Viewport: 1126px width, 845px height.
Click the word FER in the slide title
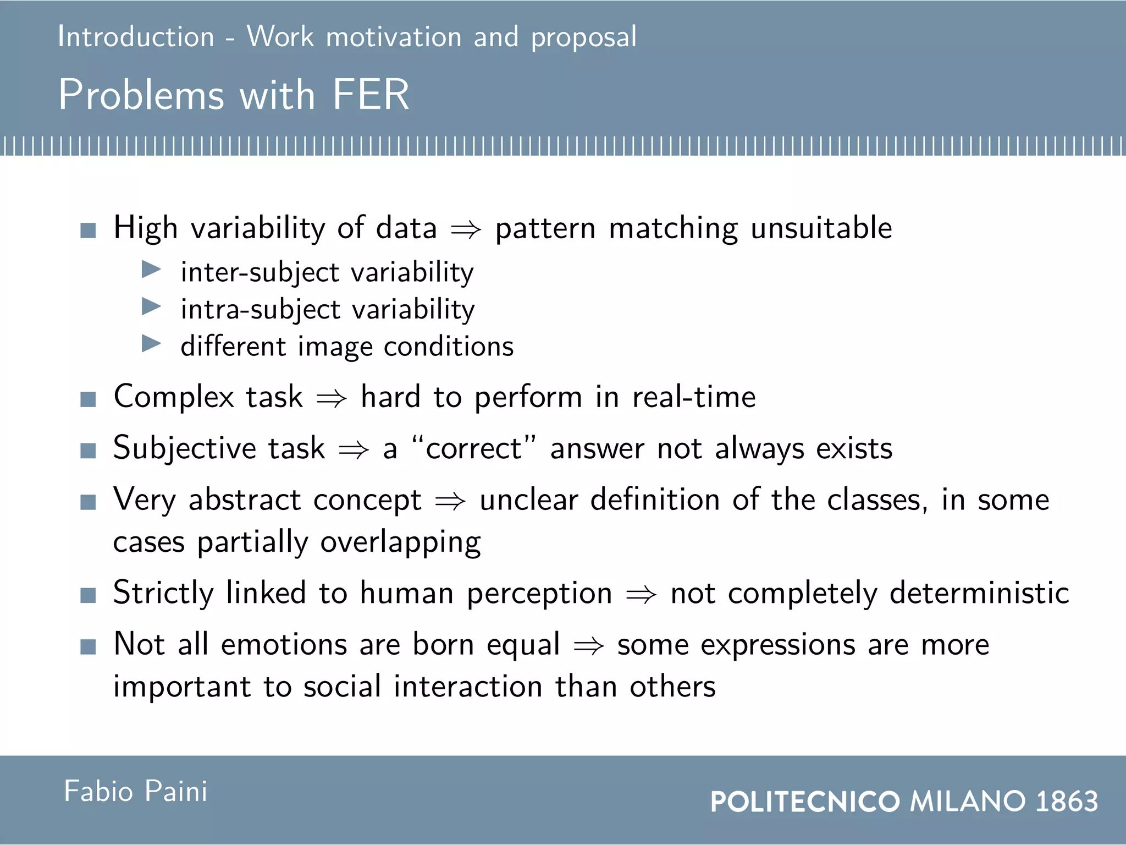[371, 95]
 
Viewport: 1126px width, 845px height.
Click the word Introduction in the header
[136, 37]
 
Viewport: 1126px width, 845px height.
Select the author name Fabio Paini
[135, 791]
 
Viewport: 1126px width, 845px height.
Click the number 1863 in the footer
[1067, 801]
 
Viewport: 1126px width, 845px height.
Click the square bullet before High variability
[88, 230]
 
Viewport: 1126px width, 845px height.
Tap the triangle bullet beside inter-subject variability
[151, 270]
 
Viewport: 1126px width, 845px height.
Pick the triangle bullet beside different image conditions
[151, 344]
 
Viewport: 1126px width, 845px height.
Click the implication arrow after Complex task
[332, 398]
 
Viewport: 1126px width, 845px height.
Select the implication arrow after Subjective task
[354, 449]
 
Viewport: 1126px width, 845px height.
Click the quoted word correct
[473, 448]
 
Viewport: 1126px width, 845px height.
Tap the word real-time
[694, 397]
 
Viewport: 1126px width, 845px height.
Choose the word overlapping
[400, 542]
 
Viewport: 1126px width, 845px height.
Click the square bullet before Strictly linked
[88, 595]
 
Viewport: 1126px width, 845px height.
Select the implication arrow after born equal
[588, 646]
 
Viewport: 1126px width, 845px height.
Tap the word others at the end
[672, 687]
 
